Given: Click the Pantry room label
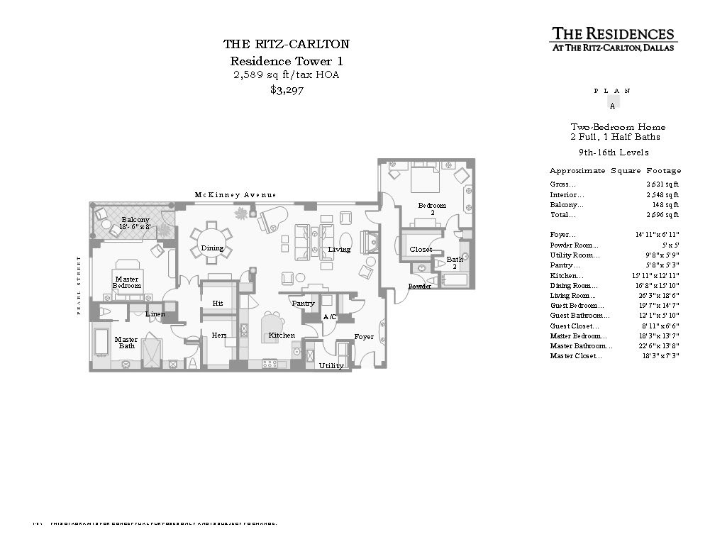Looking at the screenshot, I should pos(303,304).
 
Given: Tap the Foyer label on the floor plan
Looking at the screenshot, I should pos(364,337).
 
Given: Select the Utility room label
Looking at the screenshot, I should pos(331,366).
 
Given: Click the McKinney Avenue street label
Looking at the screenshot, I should pos(235,195).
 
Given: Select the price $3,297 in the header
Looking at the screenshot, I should pos(287,90).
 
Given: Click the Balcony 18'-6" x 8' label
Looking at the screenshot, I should pos(135,224).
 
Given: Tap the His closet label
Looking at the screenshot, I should pos(218,304).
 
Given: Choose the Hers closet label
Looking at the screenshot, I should pos(218,335).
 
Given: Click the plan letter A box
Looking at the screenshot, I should pos(612,101).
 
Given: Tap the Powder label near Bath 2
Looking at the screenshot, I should pos(419,287).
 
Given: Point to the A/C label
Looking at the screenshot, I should pos(330,317).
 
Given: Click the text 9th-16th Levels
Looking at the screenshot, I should pos(614,152).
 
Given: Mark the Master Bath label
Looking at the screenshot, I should pos(126,343).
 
